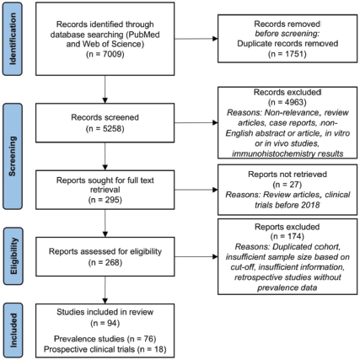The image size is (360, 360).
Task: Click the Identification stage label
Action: (x=13, y=39)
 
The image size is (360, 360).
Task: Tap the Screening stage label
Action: (x=13, y=157)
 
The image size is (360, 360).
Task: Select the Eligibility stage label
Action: (x=13, y=256)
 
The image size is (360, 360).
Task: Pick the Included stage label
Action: (x=13, y=330)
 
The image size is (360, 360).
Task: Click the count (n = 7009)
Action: (x=105, y=54)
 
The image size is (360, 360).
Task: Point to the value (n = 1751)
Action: (x=287, y=54)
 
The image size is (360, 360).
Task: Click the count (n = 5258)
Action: (x=105, y=128)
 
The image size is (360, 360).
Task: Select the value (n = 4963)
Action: (x=287, y=102)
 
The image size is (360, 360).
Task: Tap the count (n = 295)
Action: (x=105, y=200)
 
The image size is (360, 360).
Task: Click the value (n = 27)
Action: (x=287, y=185)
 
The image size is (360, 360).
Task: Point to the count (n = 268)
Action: (x=105, y=262)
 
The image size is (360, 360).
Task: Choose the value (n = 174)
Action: (x=287, y=236)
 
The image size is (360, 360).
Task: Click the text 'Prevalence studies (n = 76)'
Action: (x=105, y=339)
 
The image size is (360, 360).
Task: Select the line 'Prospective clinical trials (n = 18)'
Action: (x=105, y=349)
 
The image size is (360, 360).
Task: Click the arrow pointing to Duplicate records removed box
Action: (x=196, y=39)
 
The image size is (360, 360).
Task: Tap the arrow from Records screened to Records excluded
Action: (x=196, y=122)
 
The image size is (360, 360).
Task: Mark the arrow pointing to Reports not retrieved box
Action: (x=196, y=190)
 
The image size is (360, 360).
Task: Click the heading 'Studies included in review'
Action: (x=105, y=312)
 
